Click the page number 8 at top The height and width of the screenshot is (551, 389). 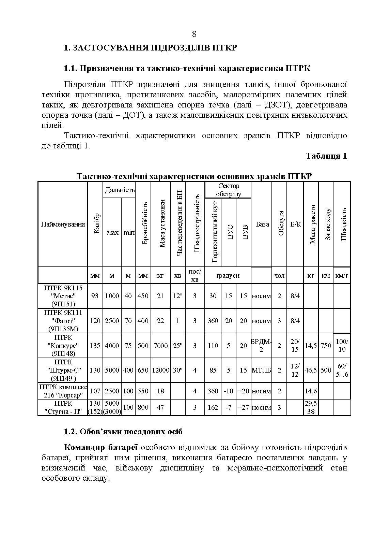pyautogui.click(x=194, y=34)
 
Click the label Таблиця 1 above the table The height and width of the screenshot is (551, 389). pyautogui.click(x=326, y=156)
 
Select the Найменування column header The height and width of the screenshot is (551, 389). pyautogui.click(x=63, y=224)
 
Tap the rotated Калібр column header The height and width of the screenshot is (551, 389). pyautogui.click(x=96, y=224)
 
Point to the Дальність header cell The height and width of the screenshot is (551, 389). pyautogui.click(x=119, y=190)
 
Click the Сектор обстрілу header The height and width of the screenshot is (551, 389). pyautogui.click(x=228, y=190)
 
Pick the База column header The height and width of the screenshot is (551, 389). pyautogui.click(x=262, y=224)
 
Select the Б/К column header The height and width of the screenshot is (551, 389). pyautogui.click(x=295, y=224)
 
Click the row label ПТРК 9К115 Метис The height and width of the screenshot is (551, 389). pyautogui.click(x=63, y=296)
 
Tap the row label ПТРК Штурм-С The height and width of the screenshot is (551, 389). pyautogui.click(x=63, y=370)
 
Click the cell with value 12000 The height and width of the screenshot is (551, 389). pyautogui.click(x=161, y=370)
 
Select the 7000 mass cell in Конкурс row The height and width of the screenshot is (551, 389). pyautogui.click(x=160, y=346)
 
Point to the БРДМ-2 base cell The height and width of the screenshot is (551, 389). pyautogui.click(x=261, y=346)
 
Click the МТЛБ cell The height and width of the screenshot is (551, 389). pyautogui.click(x=261, y=370)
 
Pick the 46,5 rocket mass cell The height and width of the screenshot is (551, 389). pyautogui.click(x=311, y=370)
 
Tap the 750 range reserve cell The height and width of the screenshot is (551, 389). pyautogui.click(x=326, y=346)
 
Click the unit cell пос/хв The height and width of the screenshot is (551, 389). pyautogui.click(x=195, y=275)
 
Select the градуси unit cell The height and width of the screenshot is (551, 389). pyautogui.click(x=228, y=275)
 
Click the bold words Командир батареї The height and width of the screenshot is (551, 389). pyautogui.click(x=100, y=447)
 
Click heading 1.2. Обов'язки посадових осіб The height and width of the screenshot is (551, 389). pyautogui.click(x=123, y=432)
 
